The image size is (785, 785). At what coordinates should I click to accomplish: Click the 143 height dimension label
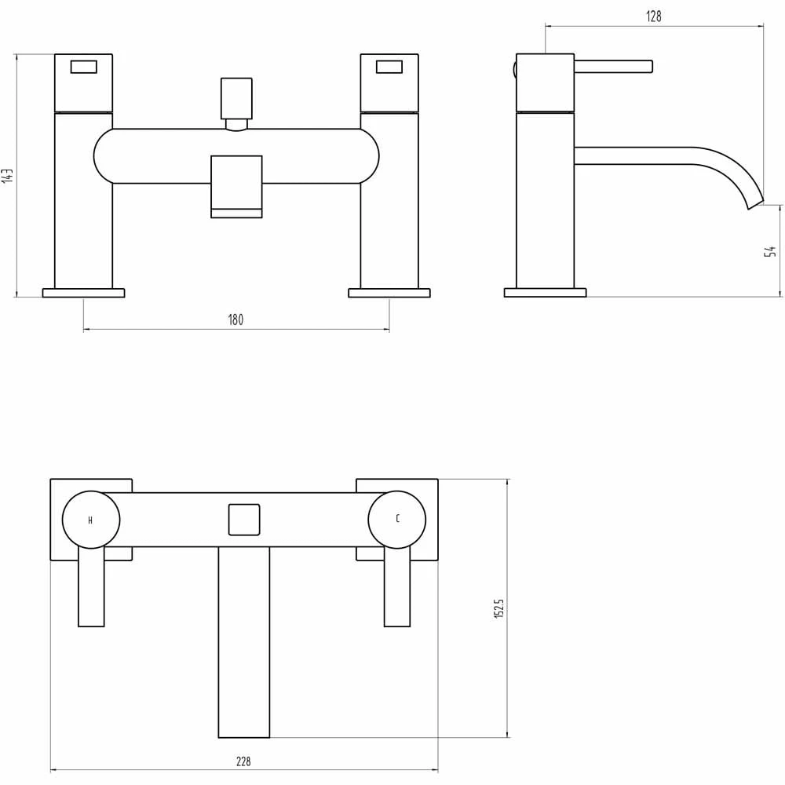7,175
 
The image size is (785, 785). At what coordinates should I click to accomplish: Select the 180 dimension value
235,319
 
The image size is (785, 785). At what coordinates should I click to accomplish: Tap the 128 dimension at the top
654,16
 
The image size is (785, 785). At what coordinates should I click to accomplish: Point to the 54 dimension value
772,250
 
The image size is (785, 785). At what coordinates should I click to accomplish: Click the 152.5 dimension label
498,608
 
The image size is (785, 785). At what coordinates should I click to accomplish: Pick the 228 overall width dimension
243,761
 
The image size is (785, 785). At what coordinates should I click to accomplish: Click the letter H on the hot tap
90,520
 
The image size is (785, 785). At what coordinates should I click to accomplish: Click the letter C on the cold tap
397,519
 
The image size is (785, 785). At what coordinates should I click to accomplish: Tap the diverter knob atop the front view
236,97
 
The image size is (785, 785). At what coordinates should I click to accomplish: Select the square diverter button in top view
243,520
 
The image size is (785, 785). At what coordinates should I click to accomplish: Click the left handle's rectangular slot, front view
83,67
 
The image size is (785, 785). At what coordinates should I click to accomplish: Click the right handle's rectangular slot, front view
389,67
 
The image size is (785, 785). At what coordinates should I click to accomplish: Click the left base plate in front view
83,293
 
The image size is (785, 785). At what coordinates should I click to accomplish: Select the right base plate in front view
389,293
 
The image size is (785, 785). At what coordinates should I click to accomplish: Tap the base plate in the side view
545,293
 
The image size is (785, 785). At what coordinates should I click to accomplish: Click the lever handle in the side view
613,67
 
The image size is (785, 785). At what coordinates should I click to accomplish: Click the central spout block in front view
236,185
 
